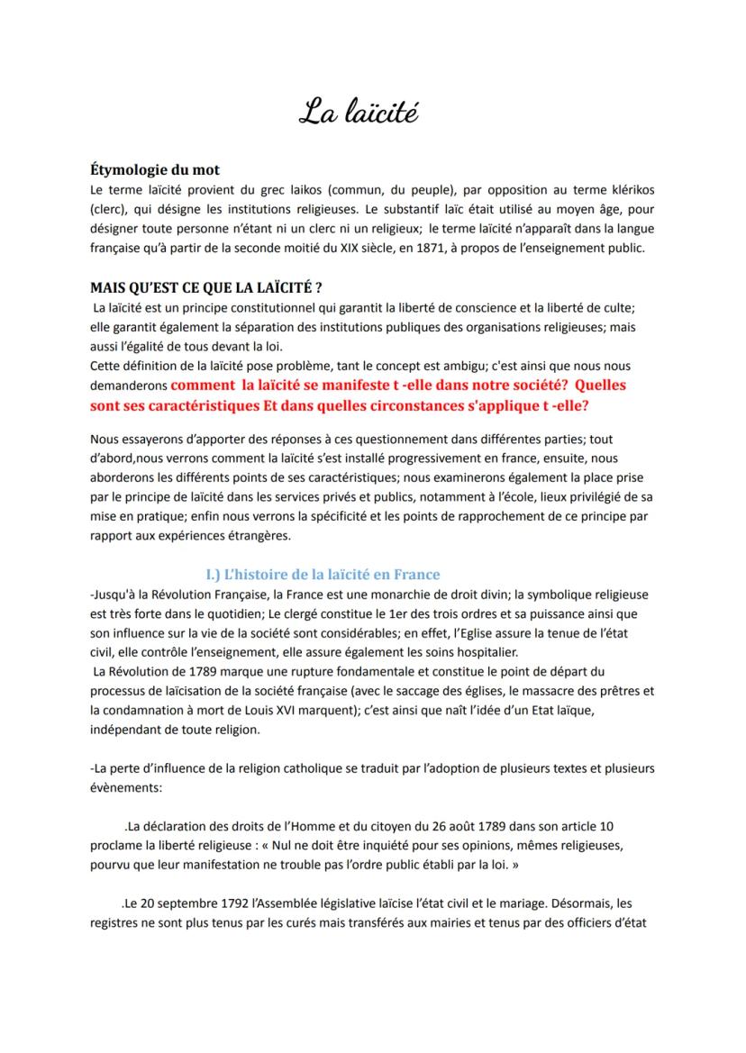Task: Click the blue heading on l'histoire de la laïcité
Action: [323, 574]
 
